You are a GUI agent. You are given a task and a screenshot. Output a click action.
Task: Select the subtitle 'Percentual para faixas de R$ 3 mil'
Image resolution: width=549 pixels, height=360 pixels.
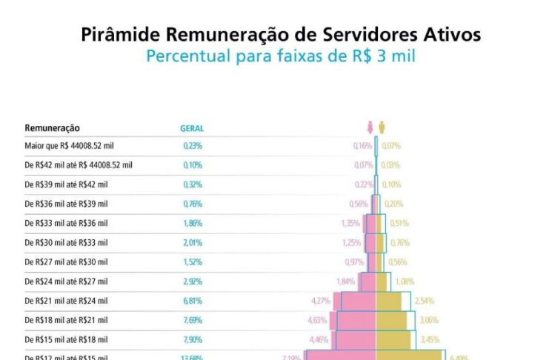(x=280, y=56)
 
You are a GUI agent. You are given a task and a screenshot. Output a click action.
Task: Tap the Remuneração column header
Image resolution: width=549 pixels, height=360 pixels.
(x=52, y=128)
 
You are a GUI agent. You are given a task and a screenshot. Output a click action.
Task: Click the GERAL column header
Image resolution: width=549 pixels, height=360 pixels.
(x=192, y=128)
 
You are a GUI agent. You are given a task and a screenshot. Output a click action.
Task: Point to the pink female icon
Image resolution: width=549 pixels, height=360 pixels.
(x=370, y=127)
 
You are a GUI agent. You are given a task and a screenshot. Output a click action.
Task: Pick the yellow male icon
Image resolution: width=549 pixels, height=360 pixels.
(x=382, y=127)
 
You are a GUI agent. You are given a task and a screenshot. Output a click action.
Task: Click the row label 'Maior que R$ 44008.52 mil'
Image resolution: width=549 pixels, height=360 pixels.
(x=67, y=146)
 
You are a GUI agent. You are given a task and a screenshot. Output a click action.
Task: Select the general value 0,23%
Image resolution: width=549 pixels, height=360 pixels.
(x=193, y=146)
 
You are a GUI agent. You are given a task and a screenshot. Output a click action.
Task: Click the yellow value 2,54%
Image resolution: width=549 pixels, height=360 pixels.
(x=424, y=301)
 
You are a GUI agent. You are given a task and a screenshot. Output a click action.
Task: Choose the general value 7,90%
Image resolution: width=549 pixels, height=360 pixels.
(x=193, y=339)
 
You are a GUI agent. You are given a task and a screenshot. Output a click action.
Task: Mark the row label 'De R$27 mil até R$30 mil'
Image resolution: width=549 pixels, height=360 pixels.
(x=66, y=261)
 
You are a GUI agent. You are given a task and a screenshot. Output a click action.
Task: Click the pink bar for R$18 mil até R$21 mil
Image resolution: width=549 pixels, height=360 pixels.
(x=357, y=320)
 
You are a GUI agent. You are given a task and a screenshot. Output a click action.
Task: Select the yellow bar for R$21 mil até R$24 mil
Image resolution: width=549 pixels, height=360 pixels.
(x=388, y=301)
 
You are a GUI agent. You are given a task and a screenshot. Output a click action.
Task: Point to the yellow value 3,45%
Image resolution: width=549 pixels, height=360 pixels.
(x=430, y=339)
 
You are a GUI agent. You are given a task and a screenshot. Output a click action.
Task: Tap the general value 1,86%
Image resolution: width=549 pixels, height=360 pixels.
(x=193, y=223)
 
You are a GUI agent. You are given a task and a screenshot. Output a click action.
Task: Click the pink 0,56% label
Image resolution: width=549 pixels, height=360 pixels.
(x=359, y=204)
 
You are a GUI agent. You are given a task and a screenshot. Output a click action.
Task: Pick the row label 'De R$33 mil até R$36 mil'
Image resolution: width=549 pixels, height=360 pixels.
(x=66, y=223)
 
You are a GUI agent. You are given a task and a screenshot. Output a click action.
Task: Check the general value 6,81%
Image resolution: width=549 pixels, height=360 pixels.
(x=193, y=301)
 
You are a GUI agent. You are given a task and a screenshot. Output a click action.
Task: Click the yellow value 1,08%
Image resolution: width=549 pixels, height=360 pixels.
(x=405, y=281)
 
